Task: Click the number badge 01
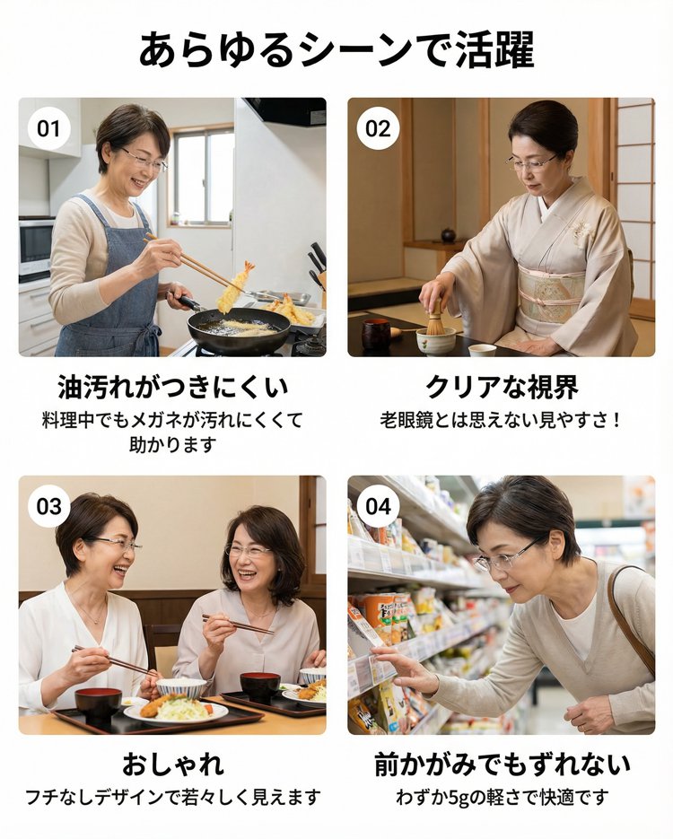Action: coord(48,129)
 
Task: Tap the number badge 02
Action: coord(379,129)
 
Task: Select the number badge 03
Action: coord(48,506)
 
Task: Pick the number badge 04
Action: coord(379,506)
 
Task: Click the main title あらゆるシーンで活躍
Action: coord(336,49)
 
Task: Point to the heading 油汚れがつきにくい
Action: coord(173,387)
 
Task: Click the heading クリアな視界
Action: coord(502,387)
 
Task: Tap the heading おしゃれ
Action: coord(173,765)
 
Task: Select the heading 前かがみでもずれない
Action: coord(502,765)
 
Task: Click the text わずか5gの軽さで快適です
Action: coord(502,797)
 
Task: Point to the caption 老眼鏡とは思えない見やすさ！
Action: coord(502,420)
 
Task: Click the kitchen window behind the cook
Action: coord(202,176)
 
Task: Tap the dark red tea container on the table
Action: coord(376,334)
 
